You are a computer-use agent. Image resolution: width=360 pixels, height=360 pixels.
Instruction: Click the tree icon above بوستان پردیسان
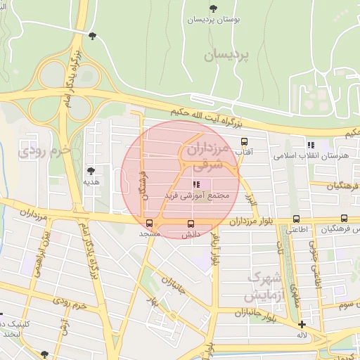(x=213, y=8)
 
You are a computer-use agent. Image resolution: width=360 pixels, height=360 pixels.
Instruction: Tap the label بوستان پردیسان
(x=213, y=20)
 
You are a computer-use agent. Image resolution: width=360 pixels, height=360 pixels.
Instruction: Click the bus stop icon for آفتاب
(x=244, y=141)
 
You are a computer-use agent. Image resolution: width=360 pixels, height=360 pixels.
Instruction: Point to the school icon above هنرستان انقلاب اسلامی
(x=311, y=145)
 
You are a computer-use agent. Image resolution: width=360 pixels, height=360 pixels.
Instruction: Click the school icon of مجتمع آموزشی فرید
(x=195, y=184)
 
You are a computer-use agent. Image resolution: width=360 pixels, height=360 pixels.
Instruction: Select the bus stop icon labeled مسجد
(x=149, y=224)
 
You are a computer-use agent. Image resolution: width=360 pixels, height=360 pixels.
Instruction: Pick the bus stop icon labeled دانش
(x=191, y=224)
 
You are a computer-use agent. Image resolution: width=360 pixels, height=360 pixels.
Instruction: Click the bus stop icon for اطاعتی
(x=296, y=219)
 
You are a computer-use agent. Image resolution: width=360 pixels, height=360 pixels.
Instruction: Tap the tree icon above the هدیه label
(x=91, y=170)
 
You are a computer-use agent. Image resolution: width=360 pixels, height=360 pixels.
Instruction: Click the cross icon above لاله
(x=302, y=324)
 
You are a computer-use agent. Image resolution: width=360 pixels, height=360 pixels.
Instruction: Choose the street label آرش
(x=63, y=326)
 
